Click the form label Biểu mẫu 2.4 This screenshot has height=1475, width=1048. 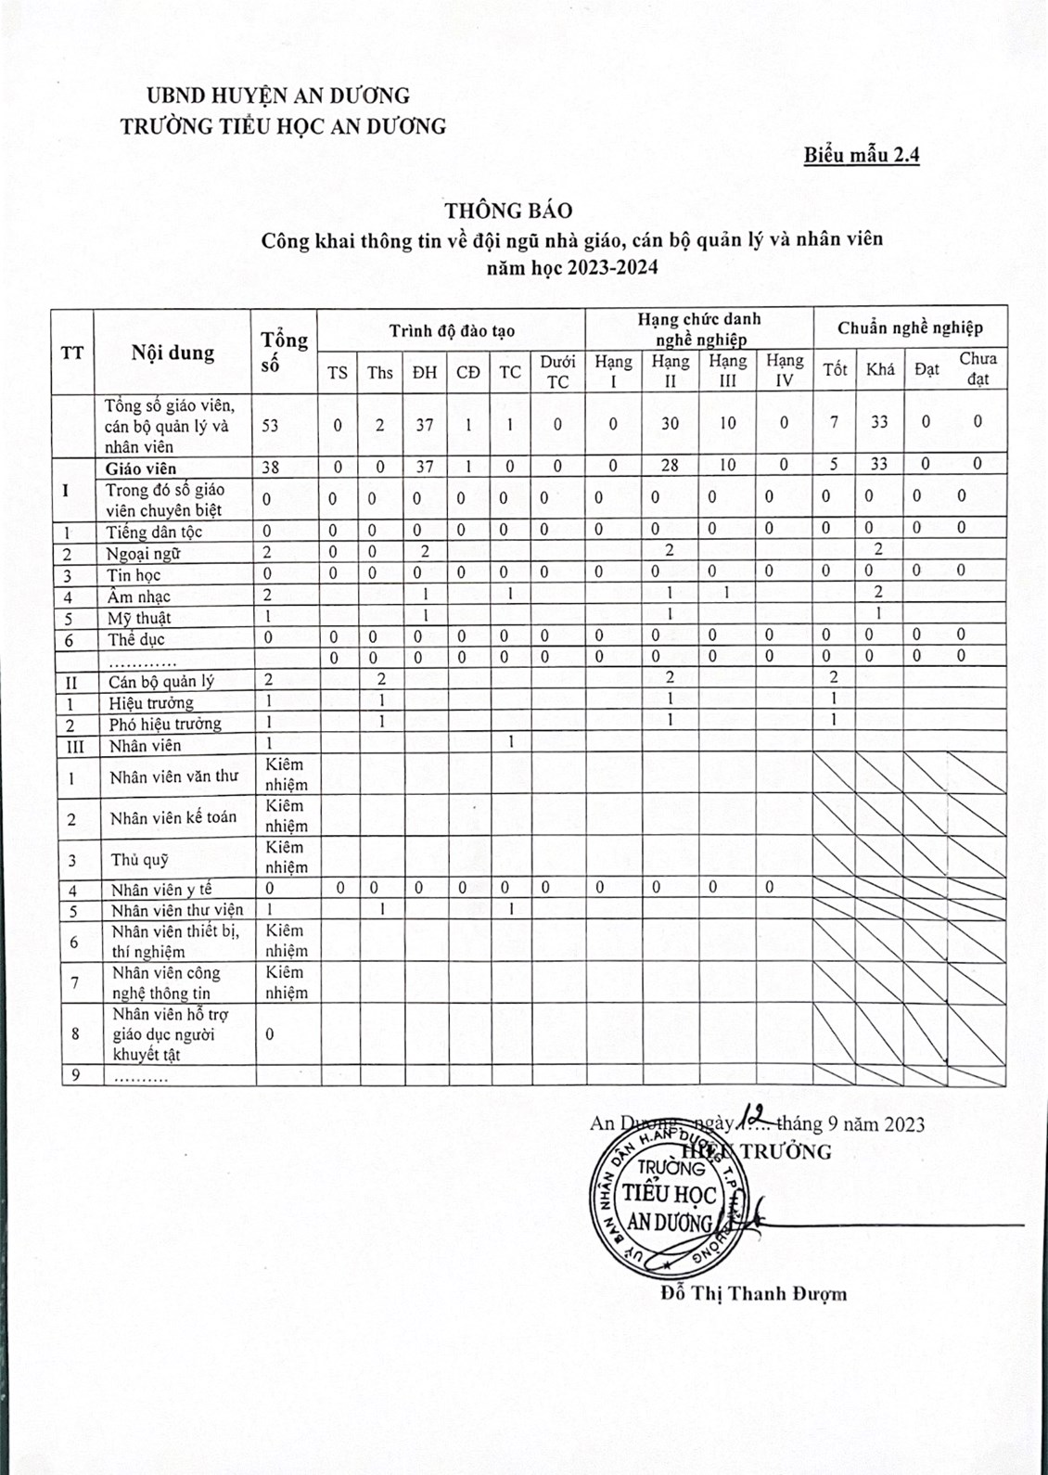(x=862, y=155)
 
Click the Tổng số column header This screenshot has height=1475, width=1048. (x=284, y=352)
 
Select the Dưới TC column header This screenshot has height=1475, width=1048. (x=557, y=371)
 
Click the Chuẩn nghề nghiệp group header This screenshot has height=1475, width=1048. (x=910, y=327)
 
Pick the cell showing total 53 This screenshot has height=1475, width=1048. (x=270, y=425)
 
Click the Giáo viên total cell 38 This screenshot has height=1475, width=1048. (x=270, y=468)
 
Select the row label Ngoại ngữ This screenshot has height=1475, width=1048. (x=143, y=554)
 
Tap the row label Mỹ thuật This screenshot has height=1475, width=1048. (x=139, y=618)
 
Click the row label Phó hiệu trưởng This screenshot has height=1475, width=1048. (x=165, y=724)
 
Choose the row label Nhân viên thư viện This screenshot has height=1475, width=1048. (x=176, y=910)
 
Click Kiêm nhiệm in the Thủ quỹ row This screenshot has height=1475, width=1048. (x=286, y=857)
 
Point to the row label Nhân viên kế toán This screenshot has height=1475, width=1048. (x=173, y=817)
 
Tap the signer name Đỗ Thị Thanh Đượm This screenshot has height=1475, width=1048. (x=754, y=1293)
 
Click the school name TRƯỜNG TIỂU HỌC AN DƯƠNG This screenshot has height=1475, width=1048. (x=283, y=126)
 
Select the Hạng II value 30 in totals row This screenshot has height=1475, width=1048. (x=670, y=423)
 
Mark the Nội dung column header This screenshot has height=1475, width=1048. (x=173, y=353)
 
